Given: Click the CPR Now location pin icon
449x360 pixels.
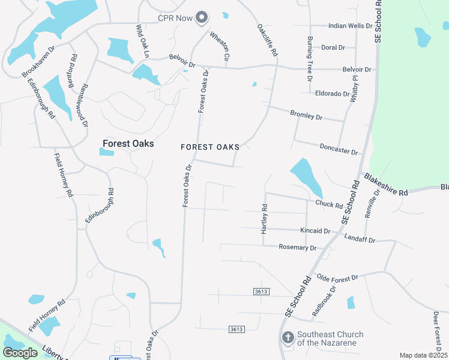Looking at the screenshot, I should (202, 18).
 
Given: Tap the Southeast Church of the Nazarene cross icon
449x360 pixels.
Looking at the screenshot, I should (288, 338).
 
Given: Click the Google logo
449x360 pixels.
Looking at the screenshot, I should (20, 353).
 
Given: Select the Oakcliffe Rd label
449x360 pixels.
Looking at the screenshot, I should (268, 40).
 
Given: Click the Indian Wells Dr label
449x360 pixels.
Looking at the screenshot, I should (351, 26).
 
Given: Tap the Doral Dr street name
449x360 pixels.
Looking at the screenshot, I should (333, 47).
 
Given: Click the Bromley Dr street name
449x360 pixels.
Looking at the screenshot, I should (306, 115).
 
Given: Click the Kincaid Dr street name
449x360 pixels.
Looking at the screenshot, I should (315, 231).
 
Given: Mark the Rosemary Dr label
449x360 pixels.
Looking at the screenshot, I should (298, 247).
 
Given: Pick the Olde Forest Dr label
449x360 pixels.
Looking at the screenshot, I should (337, 278).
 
